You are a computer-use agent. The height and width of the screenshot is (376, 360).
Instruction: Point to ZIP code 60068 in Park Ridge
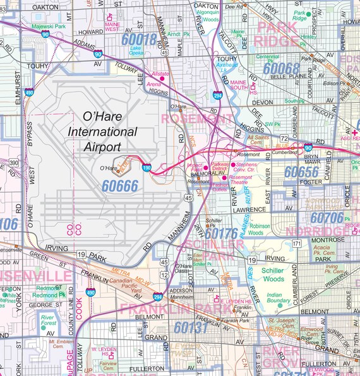[282, 68]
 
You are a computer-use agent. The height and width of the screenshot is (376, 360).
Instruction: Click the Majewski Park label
[50, 26]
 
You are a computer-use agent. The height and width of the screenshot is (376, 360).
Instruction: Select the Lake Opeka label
[136, 51]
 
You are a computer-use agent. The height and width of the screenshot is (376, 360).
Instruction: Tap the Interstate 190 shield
[147, 168]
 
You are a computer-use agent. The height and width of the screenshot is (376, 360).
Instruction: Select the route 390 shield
[13, 163]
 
